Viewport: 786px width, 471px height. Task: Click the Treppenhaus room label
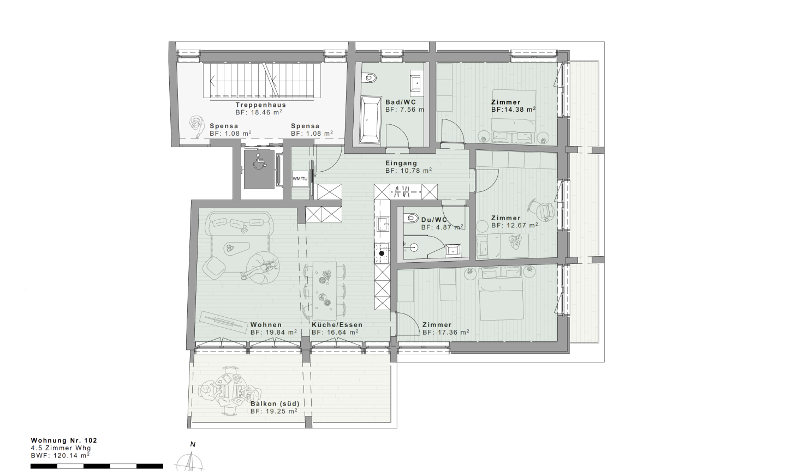pos(261,105)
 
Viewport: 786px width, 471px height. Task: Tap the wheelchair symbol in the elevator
pos(260,162)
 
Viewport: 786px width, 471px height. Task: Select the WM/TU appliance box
pos(300,179)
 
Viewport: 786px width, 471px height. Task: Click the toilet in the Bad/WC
pos(370,77)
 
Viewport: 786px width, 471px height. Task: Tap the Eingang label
pos(401,163)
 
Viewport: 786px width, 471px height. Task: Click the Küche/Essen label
pos(337,325)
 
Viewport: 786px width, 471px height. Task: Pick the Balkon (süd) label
pos(275,404)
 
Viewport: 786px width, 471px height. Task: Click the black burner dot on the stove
pos(382,253)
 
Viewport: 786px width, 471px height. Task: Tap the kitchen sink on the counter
pos(382,224)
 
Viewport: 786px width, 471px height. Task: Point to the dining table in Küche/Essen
pos(324,287)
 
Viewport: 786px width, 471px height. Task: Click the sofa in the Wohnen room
pos(241,224)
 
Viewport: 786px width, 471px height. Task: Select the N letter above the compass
pos(193,444)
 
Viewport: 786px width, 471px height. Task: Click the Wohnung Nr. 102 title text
pos(64,440)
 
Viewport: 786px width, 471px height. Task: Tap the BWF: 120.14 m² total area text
pos(60,456)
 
